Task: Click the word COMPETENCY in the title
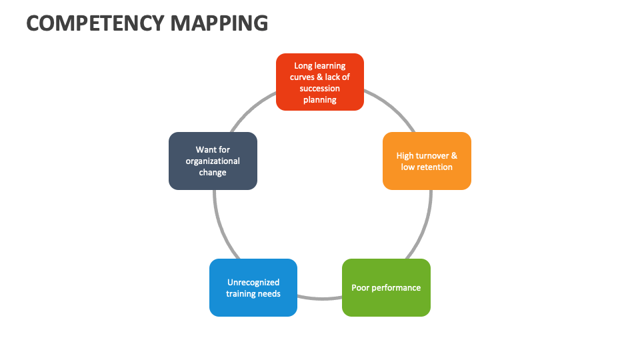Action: [x=95, y=23]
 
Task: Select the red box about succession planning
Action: [x=320, y=82]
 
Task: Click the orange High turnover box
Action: [x=427, y=161]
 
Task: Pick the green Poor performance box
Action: [x=386, y=287]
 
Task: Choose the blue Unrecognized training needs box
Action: [x=253, y=287]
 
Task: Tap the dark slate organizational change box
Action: [x=213, y=161]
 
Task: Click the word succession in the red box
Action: [x=320, y=88]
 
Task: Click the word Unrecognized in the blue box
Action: [x=253, y=282]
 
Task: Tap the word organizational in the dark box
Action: [x=213, y=161]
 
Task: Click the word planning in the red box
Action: [x=320, y=99]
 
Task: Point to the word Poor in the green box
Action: [x=360, y=288]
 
